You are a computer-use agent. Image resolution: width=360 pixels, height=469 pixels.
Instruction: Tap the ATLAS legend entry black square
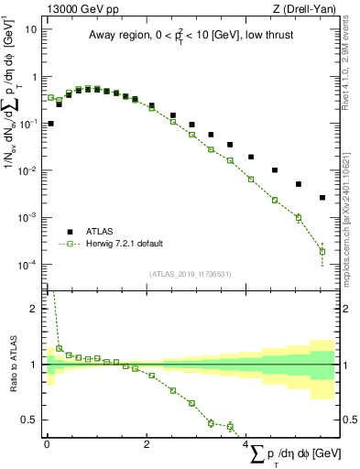(x=69, y=231)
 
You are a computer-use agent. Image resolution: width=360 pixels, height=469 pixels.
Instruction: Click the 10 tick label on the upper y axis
(x=31, y=28)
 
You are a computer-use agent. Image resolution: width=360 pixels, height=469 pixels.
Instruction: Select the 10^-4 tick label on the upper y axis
(x=27, y=265)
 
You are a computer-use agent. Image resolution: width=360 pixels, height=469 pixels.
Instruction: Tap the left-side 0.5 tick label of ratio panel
(x=31, y=420)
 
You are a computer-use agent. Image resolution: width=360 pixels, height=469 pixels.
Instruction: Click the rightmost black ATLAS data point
(x=322, y=197)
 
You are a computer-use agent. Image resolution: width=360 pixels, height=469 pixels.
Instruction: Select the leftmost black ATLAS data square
(x=50, y=123)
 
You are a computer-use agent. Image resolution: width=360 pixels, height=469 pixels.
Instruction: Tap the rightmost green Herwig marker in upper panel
(x=322, y=251)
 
